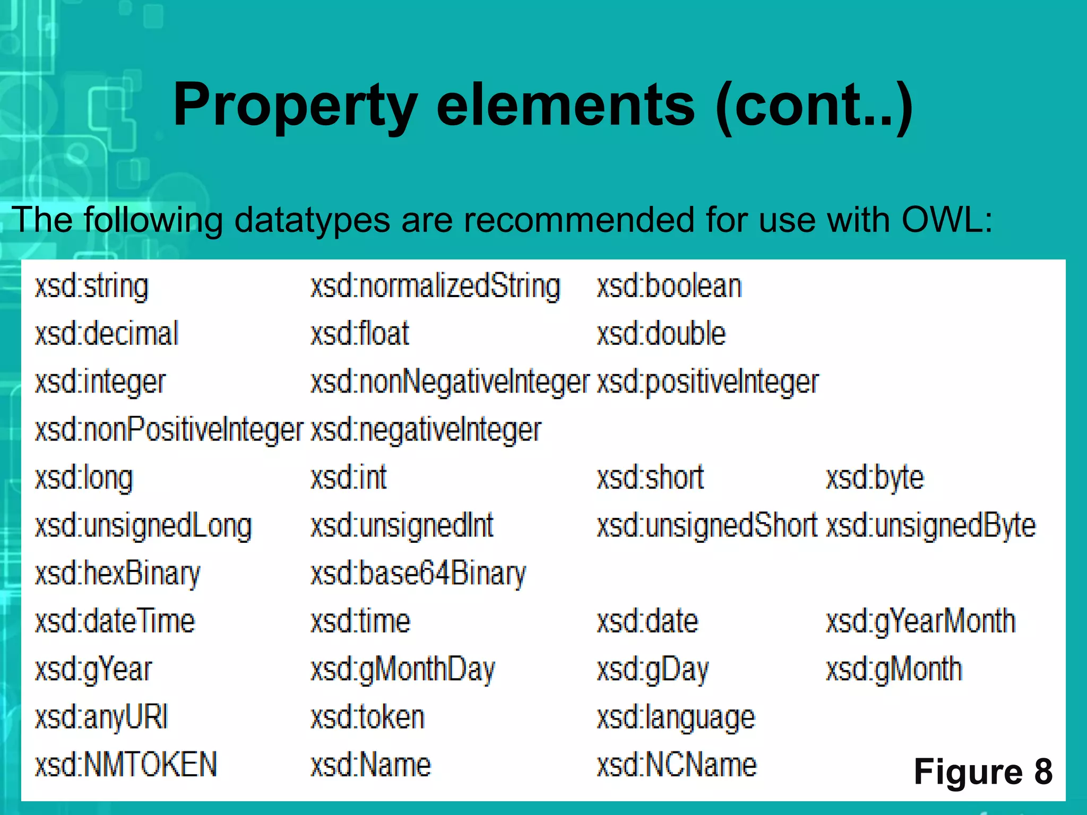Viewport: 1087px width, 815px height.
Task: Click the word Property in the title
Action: pos(295,105)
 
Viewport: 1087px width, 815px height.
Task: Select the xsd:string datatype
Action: pos(91,287)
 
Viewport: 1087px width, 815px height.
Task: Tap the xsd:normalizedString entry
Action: pos(435,287)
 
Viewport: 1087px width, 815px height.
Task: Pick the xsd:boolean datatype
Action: pos(669,287)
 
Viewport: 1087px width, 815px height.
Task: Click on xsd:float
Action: pos(360,334)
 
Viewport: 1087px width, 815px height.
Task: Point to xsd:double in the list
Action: pos(661,334)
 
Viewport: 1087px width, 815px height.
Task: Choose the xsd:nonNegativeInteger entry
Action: pos(450,382)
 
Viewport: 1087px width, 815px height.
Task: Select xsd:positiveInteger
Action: pos(708,382)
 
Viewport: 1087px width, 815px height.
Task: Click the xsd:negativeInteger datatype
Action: pos(426,430)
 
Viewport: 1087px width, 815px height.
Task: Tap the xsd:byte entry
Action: pos(875,478)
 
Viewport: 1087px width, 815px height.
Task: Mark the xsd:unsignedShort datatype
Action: pos(706,526)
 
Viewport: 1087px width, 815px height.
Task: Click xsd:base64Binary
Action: pos(418,574)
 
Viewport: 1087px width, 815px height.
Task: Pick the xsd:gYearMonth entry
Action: pos(920,621)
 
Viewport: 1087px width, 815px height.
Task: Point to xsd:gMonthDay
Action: pos(402,669)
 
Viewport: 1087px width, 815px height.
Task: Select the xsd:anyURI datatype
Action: pos(101,717)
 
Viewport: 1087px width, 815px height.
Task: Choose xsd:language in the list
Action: pos(676,717)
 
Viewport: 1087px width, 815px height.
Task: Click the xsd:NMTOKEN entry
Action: pos(126,765)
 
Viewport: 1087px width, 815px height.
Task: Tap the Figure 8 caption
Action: pos(983,771)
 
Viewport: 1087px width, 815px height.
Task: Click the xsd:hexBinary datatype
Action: pos(117,574)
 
